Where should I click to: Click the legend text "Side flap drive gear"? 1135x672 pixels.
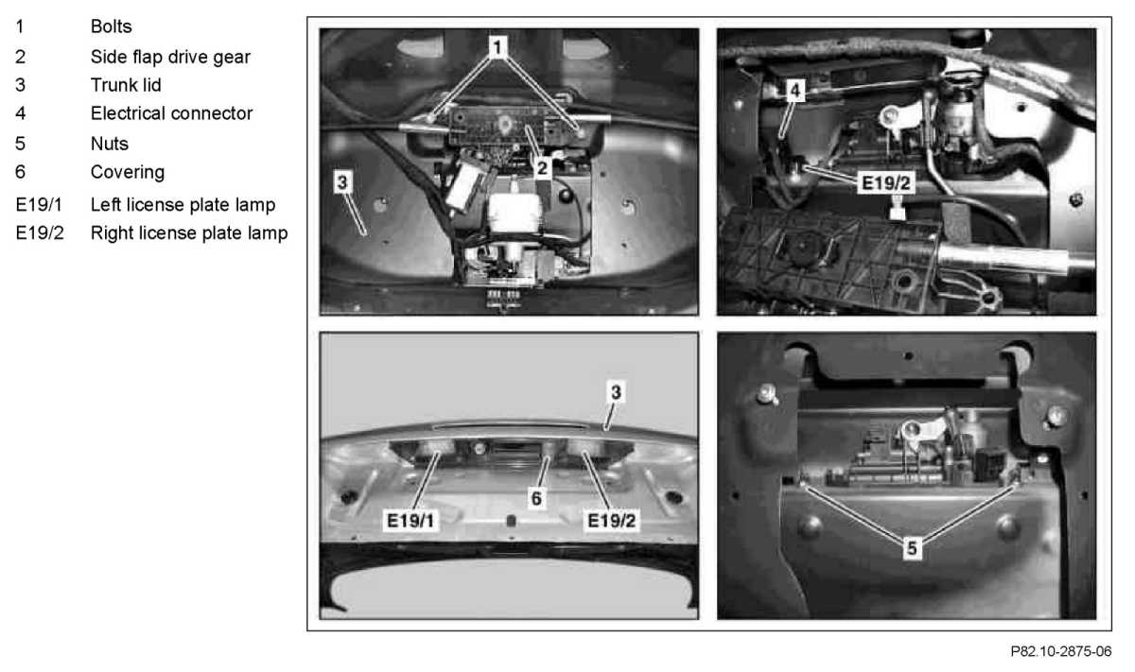coord(170,57)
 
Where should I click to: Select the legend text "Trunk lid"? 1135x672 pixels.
coord(126,85)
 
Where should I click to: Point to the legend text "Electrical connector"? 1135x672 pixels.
coord(171,113)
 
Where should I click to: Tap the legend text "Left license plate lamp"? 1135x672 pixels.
coord(183,205)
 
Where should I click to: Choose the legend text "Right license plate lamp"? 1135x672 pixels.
coord(189,233)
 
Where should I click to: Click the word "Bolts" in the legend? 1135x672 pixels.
coord(111,26)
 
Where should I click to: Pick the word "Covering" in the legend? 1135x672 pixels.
coord(128,172)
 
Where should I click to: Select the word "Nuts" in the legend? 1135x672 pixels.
coord(110,144)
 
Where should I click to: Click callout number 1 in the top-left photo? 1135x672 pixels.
coord(498,47)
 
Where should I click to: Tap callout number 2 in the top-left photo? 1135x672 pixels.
coord(542,168)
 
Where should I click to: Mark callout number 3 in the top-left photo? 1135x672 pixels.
coord(342,182)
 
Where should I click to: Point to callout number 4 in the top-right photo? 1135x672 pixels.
coord(795,91)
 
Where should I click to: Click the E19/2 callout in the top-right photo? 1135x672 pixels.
coord(885,182)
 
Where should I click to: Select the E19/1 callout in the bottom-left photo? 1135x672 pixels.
coord(410,521)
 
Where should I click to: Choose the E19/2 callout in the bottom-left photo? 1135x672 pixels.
coord(611,521)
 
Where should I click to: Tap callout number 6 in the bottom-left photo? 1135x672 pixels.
coord(536,499)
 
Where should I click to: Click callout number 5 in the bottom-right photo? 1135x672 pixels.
coord(912,548)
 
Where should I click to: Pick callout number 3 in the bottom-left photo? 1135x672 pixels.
coord(616,392)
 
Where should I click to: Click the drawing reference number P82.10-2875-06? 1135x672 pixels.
coord(1061,651)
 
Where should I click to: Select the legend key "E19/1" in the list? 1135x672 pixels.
coord(39,205)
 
